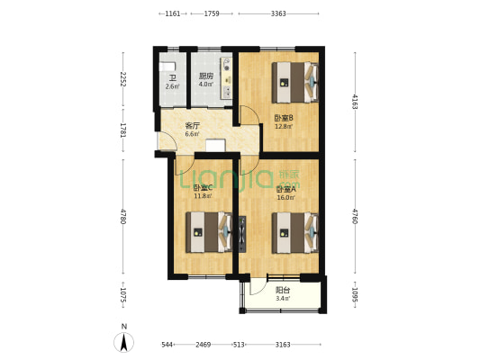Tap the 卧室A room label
coord(285,188)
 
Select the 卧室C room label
coord(203,187)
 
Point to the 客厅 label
coord(192,126)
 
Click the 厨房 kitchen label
coord(205,76)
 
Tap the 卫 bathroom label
coord(171,76)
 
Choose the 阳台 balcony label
coord(282,290)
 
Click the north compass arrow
coord(123,341)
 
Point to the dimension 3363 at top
coord(278,13)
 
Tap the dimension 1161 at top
coord(172,13)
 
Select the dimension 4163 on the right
coord(356,100)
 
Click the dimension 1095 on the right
coord(356,293)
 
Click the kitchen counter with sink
coord(227,76)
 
